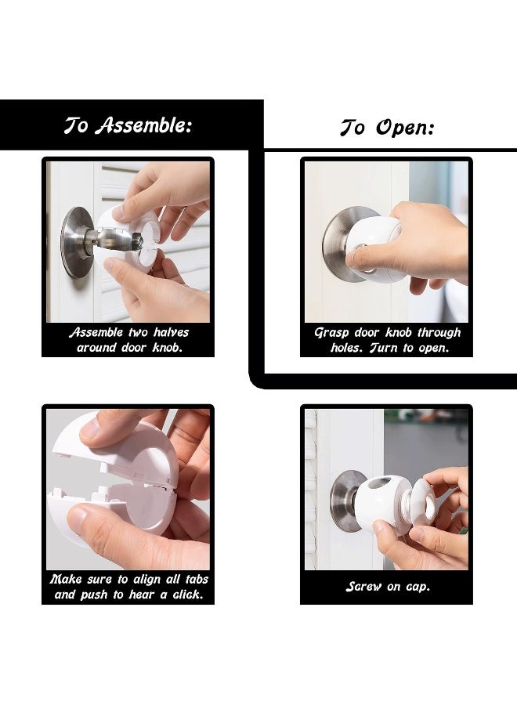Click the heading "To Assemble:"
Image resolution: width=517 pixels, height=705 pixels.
128,125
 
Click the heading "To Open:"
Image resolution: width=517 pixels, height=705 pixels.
386,128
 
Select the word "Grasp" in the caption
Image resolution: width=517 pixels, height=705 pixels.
331,332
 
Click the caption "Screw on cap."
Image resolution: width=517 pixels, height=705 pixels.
387,587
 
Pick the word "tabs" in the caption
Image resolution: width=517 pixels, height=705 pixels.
193,579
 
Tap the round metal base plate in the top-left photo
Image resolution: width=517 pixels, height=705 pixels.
75,242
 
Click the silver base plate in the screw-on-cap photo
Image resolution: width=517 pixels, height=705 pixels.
345,501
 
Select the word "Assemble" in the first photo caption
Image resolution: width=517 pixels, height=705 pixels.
96,332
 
